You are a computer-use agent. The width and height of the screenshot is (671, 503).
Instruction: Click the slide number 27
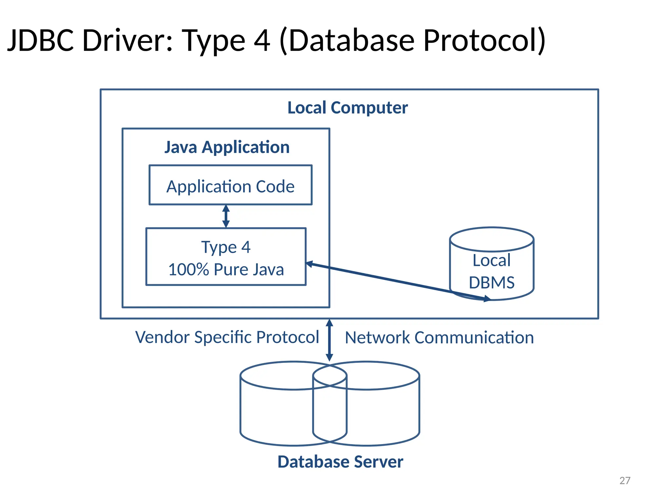tap(625, 480)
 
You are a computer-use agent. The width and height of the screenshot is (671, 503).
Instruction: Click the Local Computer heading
tap(347, 108)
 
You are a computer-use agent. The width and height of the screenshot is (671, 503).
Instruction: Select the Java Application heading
tap(227, 147)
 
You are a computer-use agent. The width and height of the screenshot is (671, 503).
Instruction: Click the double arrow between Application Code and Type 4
tap(226, 216)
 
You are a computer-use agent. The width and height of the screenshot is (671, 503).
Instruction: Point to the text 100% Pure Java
tap(226, 270)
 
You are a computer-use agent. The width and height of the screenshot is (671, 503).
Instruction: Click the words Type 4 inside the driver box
tap(226, 247)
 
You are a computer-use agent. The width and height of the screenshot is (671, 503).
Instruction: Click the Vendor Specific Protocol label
tap(227, 337)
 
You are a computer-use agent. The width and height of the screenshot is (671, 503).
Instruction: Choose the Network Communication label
tap(439, 338)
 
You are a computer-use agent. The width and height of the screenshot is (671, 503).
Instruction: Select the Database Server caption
tap(340, 462)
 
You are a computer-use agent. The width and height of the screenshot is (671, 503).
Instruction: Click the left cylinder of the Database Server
tap(275, 413)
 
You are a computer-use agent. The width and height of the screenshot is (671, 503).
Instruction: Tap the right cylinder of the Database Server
tap(383, 413)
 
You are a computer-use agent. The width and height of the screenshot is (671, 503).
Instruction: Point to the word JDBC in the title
tap(41, 40)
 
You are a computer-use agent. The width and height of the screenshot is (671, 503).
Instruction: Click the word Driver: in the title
tap(128, 40)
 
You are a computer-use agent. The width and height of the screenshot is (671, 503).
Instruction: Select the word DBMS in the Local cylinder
tap(491, 283)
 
